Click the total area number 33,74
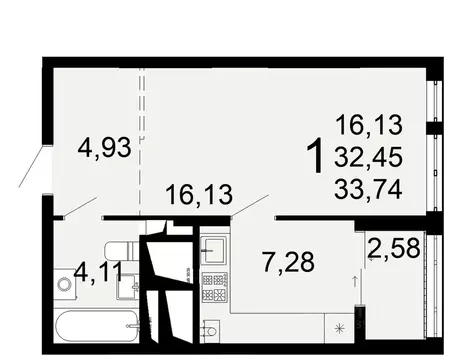[370, 187]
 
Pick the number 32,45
[370, 156]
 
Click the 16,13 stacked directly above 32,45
[370, 125]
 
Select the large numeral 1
[313, 157]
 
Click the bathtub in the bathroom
[94, 324]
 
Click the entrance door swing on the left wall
[31, 166]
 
